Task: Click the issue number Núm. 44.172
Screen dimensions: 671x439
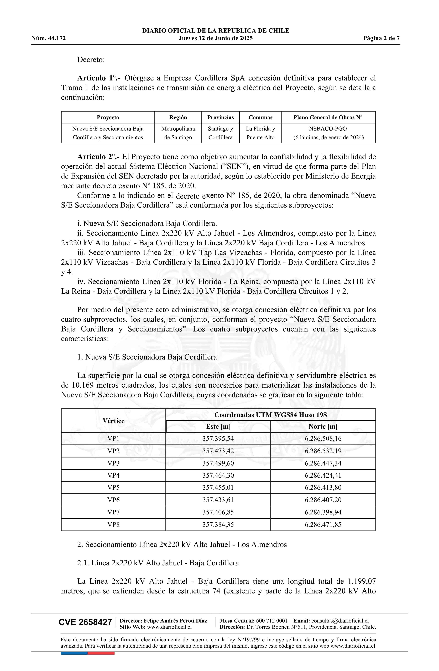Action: click(49, 38)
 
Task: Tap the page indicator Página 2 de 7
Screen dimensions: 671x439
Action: click(381, 38)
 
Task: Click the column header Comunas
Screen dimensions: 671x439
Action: click(260, 118)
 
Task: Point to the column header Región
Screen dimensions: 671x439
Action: click(178, 118)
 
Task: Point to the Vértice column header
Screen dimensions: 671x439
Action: click(113, 421)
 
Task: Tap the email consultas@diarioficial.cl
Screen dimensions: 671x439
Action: click(340, 621)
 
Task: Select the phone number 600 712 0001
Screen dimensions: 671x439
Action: click(271, 621)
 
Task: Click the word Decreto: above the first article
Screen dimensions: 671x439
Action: click(91, 60)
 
